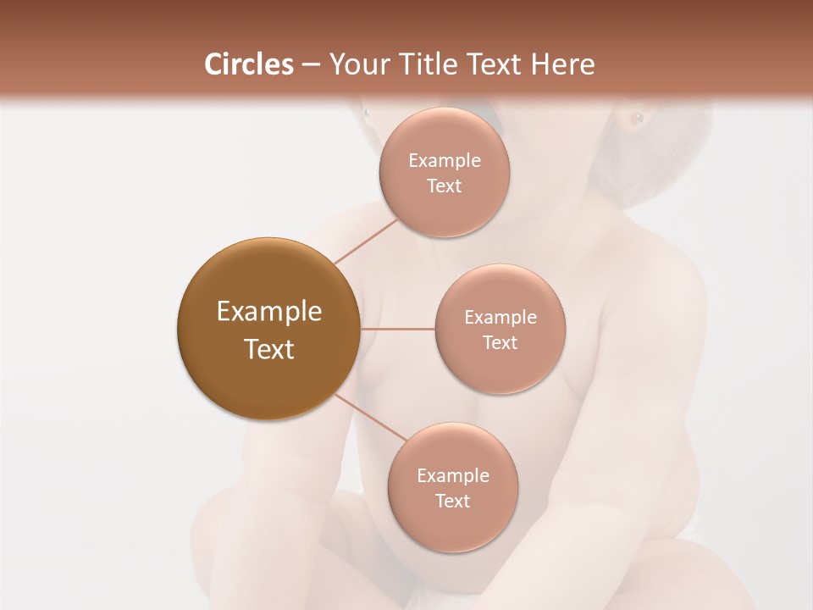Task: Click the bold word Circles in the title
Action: (248, 64)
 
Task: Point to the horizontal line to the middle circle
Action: (397, 329)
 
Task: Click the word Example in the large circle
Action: (269, 312)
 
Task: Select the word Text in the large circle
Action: (269, 349)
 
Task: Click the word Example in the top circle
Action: (445, 161)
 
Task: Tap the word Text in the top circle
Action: (445, 186)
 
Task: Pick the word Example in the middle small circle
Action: (501, 318)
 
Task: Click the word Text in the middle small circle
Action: (500, 343)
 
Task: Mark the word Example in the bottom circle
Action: (453, 476)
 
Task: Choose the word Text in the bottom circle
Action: (452, 502)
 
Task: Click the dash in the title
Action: (310, 65)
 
